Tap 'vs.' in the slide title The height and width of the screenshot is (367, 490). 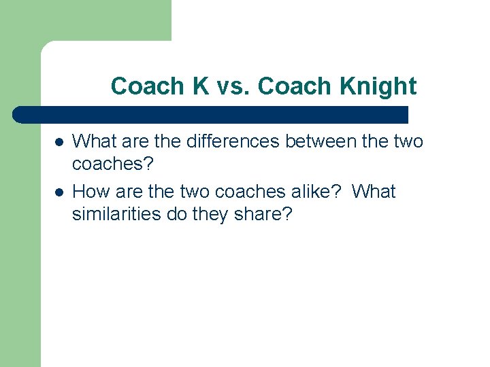click(x=233, y=87)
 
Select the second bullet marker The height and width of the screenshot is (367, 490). click(x=59, y=192)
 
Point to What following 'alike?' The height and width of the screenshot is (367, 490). click(x=374, y=192)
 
